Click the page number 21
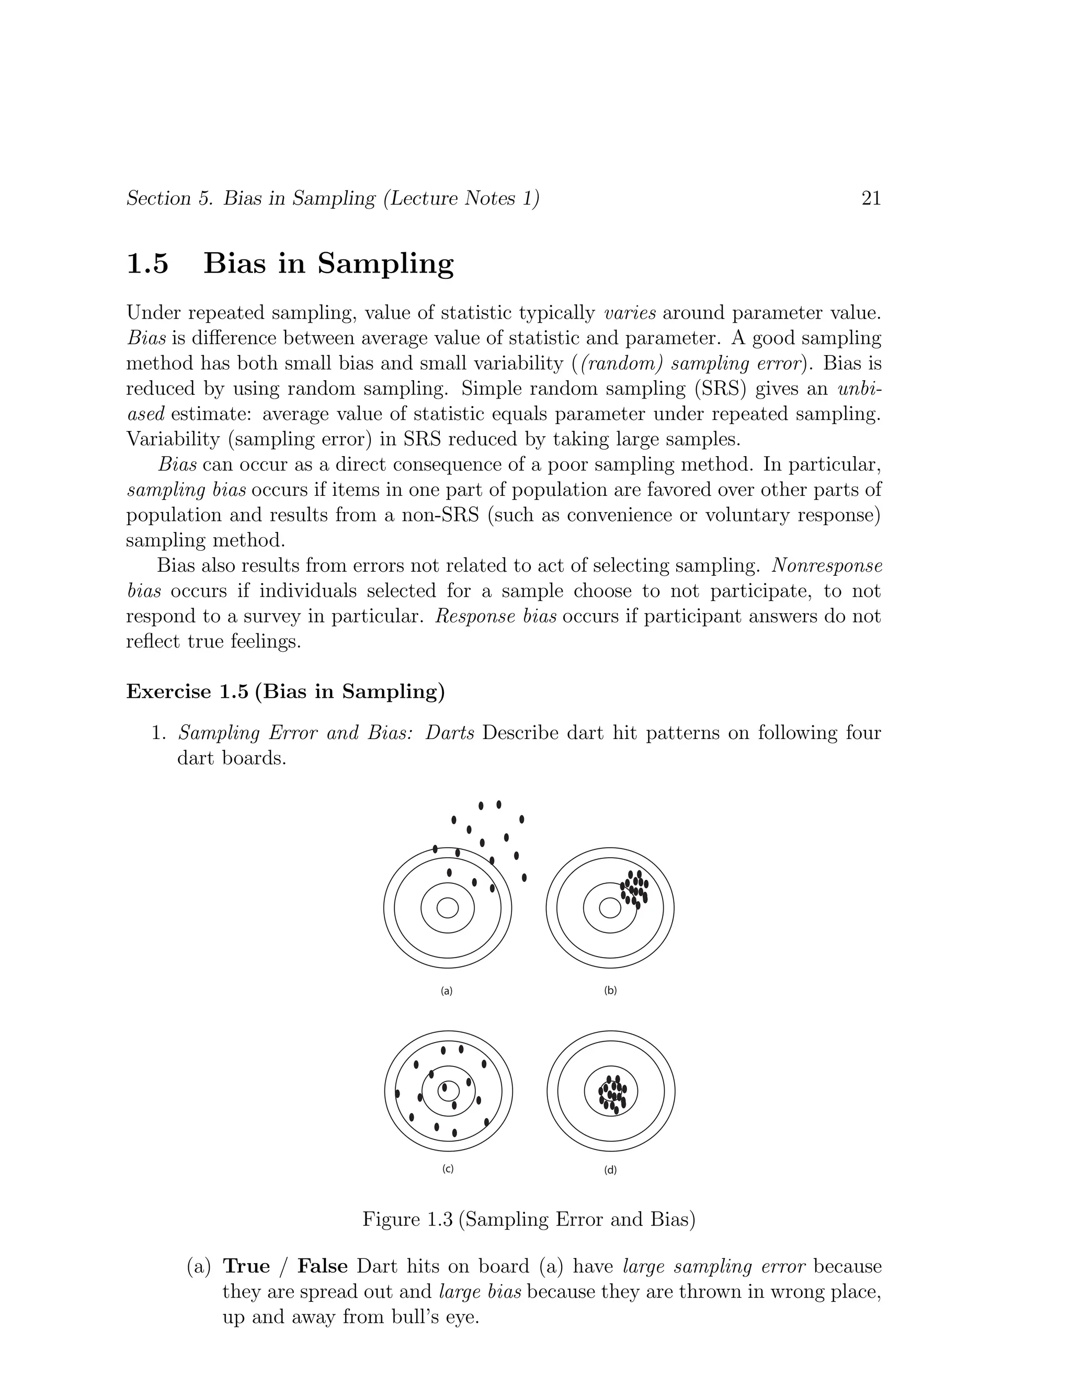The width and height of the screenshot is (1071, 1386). pyautogui.click(x=871, y=199)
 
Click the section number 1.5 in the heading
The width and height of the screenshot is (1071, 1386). pyautogui.click(x=148, y=264)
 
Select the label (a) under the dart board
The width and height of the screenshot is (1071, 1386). pyautogui.click(x=447, y=991)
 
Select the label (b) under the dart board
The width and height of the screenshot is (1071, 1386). pyautogui.click(x=610, y=991)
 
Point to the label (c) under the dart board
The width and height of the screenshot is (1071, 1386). pyautogui.click(x=448, y=1169)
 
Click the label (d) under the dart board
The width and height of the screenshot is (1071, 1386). pyautogui.click(x=610, y=1169)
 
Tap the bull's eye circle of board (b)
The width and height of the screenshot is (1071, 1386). pyautogui.click(x=610, y=908)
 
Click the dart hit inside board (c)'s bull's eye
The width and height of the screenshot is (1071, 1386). pyautogui.click(x=445, y=1088)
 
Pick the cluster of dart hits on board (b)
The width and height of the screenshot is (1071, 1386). pyautogui.click(x=634, y=887)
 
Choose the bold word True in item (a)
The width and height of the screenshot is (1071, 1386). pyautogui.click(x=247, y=1266)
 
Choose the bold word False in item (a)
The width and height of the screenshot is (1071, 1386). pyautogui.click(x=322, y=1266)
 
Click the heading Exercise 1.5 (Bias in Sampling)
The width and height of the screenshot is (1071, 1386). pyautogui.click(x=286, y=691)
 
